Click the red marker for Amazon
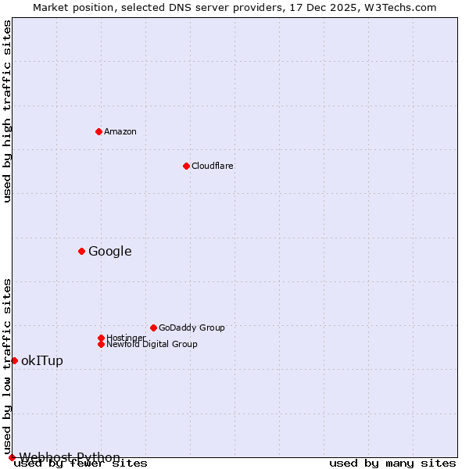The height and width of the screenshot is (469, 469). click(98, 131)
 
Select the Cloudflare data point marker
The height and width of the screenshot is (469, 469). click(186, 166)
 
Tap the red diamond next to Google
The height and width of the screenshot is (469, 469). click(81, 251)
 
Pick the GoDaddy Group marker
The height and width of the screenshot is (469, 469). click(153, 328)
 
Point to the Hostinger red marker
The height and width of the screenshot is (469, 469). click(101, 338)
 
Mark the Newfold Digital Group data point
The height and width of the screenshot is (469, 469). click(101, 344)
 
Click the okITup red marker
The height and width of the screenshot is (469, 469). click(14, 360)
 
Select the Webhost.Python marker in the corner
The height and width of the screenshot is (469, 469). click(12, 457)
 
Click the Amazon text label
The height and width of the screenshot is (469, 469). click(120, 131)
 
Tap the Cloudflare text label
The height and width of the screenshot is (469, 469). click(213, 166)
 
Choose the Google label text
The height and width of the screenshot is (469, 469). click(110, 251)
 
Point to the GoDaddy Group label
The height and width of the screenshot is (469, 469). click(192, 328)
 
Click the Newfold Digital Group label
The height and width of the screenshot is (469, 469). click(152, 344)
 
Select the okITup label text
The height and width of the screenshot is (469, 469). click(42, 360)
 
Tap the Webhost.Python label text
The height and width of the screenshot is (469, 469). click(70, 457)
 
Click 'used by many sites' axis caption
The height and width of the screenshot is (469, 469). click(392, 463)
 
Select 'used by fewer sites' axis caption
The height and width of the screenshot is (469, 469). click(81, 463)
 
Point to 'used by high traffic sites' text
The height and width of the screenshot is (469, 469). click(7, 112)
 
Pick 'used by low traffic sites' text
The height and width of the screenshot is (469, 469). click(7, 366)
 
